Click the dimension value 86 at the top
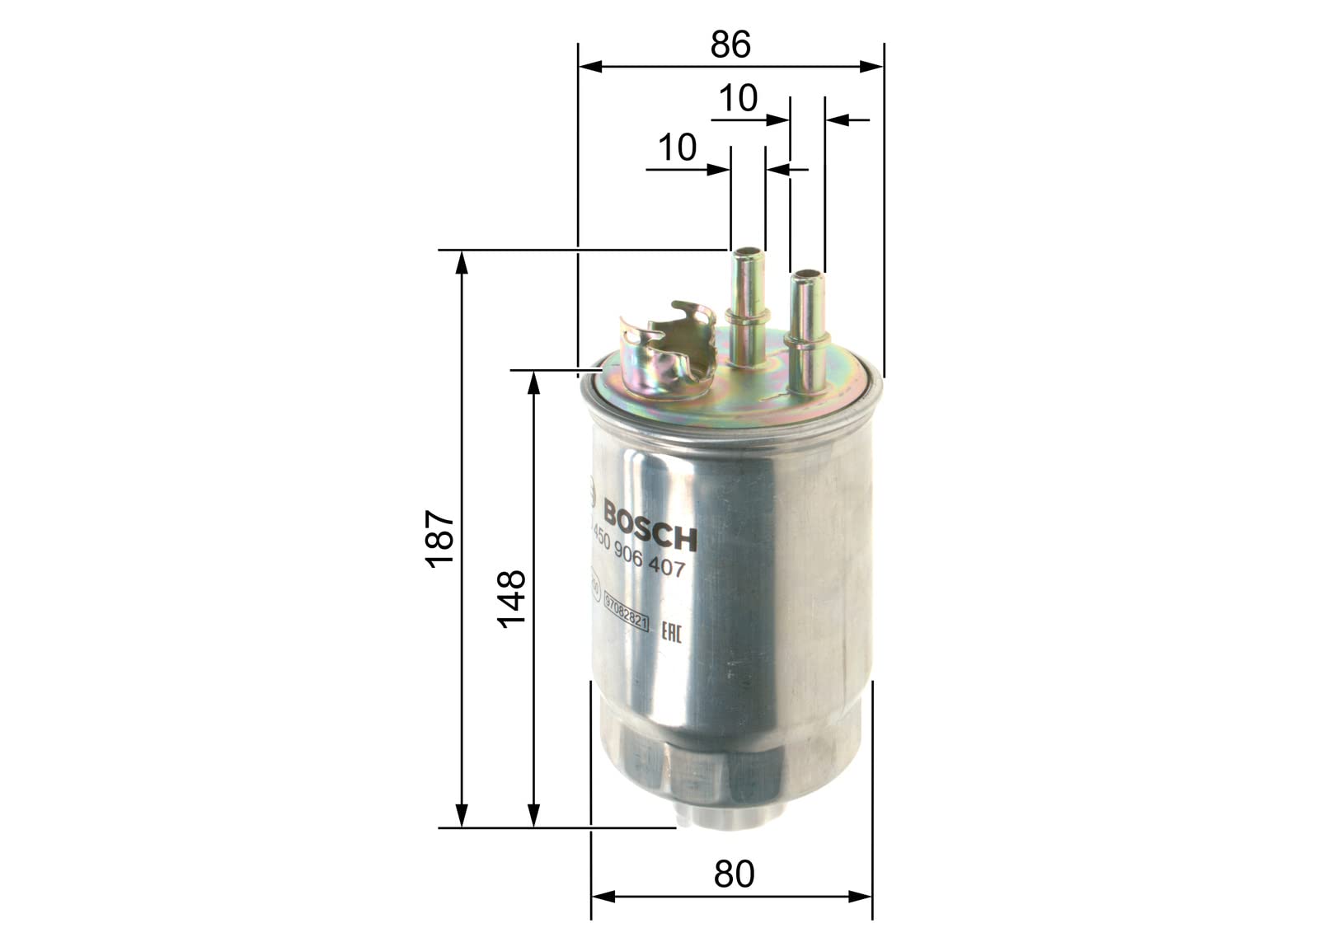[730, 45]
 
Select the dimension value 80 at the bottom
[734, 874]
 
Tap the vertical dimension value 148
[512, 599]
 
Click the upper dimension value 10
[738, 99]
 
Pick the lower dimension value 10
[678, 148]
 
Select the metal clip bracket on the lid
[668, 350]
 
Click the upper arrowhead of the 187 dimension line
[462, 261]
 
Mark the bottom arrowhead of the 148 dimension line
[534, 816]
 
